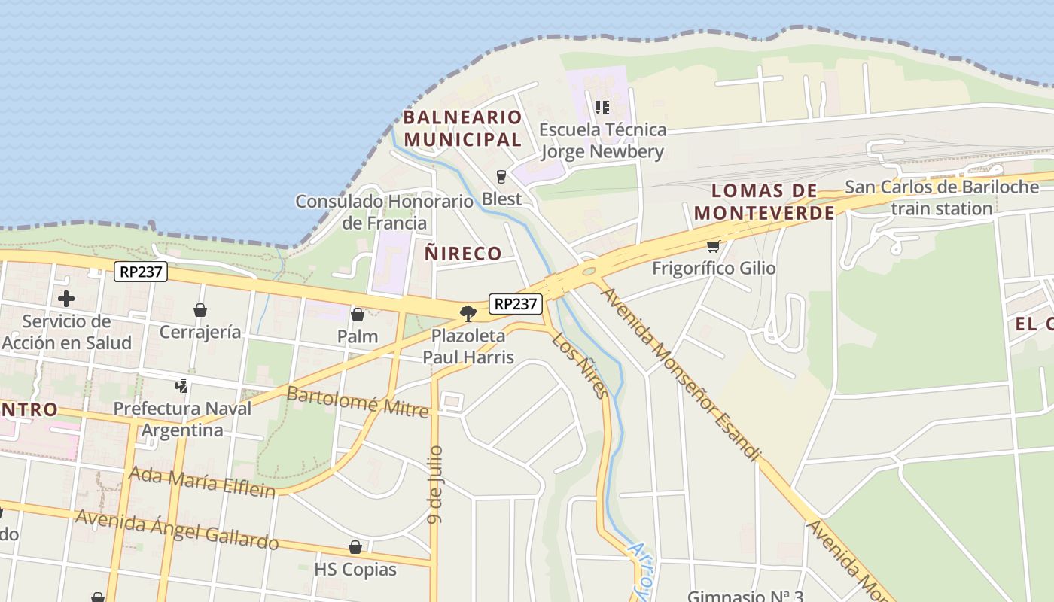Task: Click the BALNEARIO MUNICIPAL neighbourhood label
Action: (462, 128)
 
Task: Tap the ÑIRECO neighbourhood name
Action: (463, 254)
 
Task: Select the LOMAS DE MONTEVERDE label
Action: (764, 202)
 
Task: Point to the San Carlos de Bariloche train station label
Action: (942, 198)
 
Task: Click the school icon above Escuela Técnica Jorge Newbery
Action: (602, 108)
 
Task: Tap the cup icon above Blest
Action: (501, 177)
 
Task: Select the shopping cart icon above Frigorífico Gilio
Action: (713, 246)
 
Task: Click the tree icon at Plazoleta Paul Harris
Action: (468, 313)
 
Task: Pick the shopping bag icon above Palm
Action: (358, 315)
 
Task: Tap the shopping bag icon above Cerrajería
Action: (200, 310)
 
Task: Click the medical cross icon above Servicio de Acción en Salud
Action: (66, 299)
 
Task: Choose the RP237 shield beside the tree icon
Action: (516, 304)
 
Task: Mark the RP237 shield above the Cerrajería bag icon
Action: (141, 272)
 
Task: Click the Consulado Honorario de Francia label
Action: (384, 212)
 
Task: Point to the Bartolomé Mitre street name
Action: (358, 402)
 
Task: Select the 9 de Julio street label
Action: (435, 484)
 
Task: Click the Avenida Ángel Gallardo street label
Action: (177, 529)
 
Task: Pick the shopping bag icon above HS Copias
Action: (355, 547)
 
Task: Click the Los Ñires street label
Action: (580, 365)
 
